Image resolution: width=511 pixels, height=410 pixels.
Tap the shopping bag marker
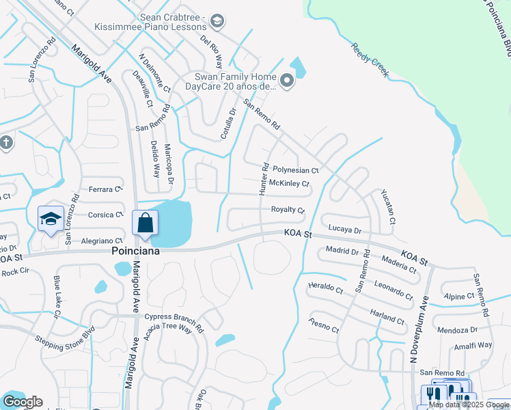146,223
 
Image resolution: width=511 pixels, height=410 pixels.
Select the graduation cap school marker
51,219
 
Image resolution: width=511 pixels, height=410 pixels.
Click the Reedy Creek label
370,60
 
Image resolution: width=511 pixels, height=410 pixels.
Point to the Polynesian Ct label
296,169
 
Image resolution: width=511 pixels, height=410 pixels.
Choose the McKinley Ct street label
290,183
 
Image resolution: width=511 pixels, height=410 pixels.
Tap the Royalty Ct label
288,210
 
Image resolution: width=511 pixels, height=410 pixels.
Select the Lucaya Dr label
344,230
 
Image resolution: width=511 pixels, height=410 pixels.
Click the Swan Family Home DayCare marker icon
287,82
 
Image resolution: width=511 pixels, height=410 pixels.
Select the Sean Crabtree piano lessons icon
217,21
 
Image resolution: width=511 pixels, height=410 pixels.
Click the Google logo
23,402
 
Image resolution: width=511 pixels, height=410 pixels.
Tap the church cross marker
6,143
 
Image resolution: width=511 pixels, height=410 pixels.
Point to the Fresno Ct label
324,325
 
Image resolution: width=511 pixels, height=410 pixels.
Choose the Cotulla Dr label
228,124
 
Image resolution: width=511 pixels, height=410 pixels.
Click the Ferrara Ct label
105,189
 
